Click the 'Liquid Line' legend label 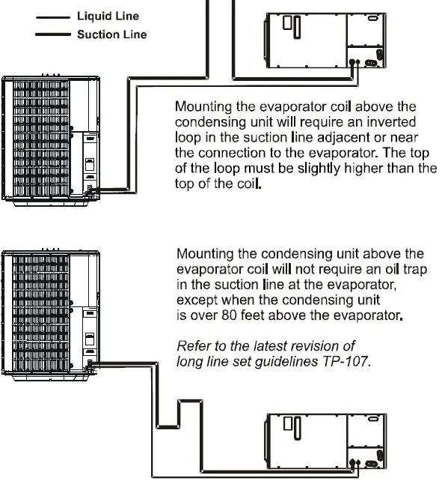click(108, 16)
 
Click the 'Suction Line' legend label click(112, 34)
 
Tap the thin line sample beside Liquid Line click(52, 16)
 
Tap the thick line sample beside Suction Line click(52, 34)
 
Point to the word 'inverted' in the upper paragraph click(394, 121)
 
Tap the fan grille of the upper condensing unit click(37, 138)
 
